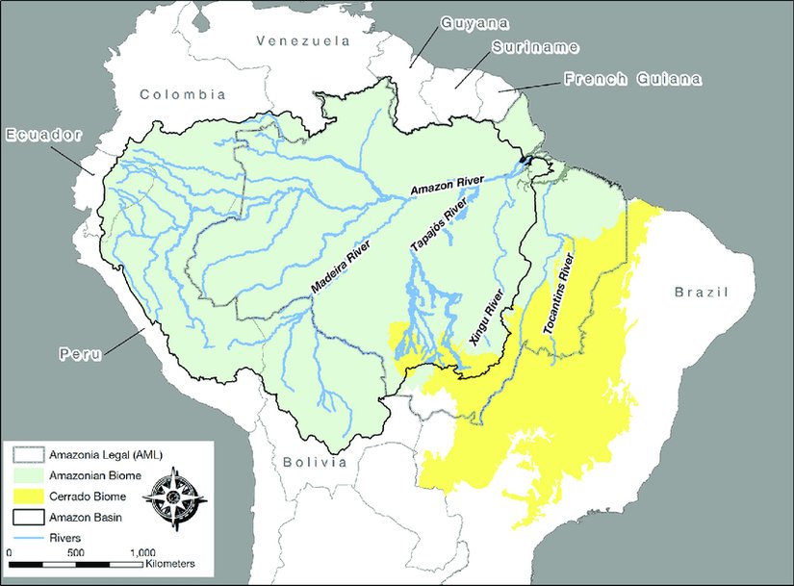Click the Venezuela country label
[x=300, y=41]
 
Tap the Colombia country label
[x=182, y=94]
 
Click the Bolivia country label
[x=314, y=463]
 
